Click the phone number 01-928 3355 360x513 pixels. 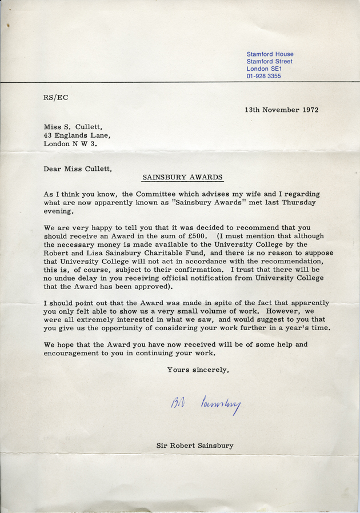click(263, 76)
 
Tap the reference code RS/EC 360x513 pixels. click(55, 97)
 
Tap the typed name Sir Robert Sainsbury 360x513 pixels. click(195, 445)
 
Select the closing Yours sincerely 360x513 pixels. click(198, 370)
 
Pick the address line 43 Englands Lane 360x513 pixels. click(77, 135)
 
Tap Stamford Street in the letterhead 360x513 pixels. click(269, 61)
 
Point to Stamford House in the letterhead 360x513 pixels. click(270, 54)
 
